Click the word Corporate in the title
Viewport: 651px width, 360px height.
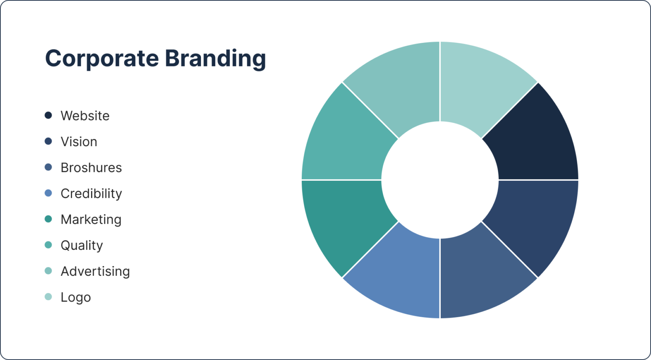[102, 58]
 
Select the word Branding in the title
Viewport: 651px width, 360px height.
[215, 58]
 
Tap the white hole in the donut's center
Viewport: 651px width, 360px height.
[440, 180]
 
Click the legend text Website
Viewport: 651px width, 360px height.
[85, 116]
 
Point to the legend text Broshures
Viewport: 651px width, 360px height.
[91, 168]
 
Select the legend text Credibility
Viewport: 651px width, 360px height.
[91, 194]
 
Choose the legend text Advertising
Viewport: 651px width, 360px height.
[95, 271]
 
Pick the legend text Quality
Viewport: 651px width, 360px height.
[82, 246]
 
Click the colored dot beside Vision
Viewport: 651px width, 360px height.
[48, 141]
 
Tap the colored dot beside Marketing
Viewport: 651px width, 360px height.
[48, 219]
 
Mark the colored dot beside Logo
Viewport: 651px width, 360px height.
[48, 297]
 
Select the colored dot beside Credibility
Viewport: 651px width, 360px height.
[48, 194]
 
